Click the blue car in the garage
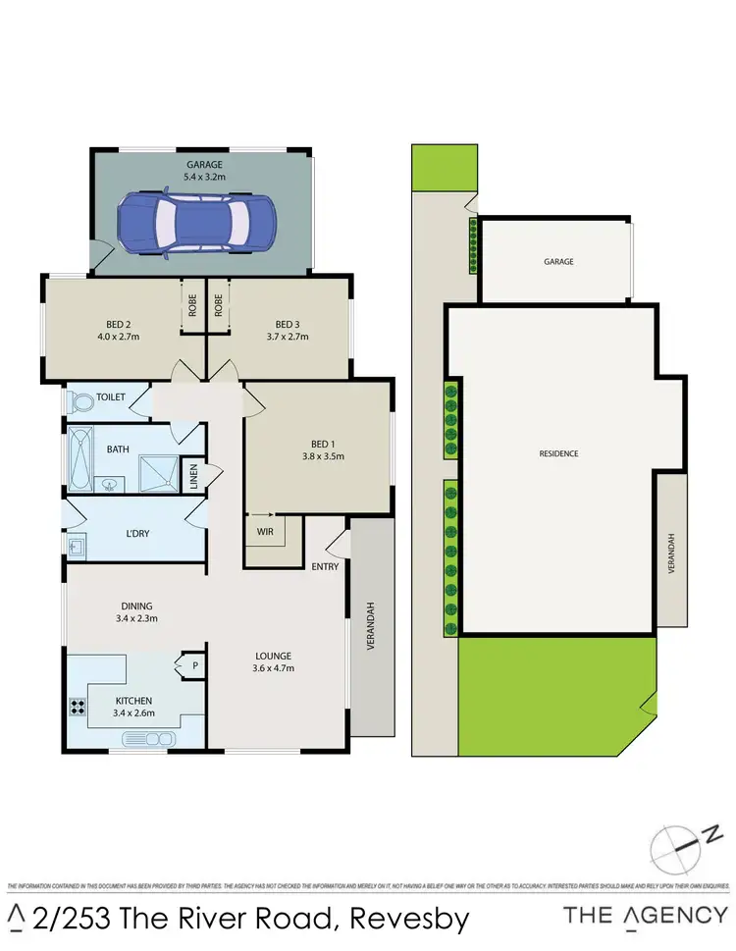pyautogui.click(x=196, y=225)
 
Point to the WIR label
pyautogui.click(x=264, y=532)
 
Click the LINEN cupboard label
pyautogui.click(x=193, y=477)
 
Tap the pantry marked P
pyautogui.click(x=194, y=666)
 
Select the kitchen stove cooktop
pyautogui.click(x=78, y=707)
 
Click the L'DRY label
pyautogui.click(x=137, y=534)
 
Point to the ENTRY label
pyautogui.click(x=325, y=566)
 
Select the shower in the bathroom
pyautogui.click(x=155, y=473)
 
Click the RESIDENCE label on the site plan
pyautogui.click(x=558, y=453)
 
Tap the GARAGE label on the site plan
pyautogui.click(x=558, y=262)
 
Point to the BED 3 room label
pyautogui.click(x=287, y=324)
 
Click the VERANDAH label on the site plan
pyautogui.click(x=672, y=554)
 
